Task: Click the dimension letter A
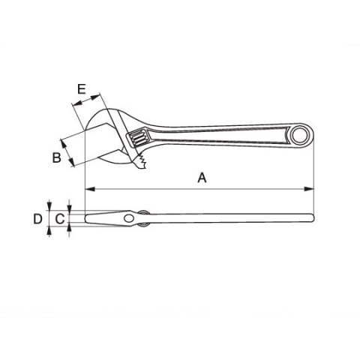tap(201, 178)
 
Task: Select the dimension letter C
tap(58, 219)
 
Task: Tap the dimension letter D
tap(37, 219)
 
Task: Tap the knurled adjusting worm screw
tap(139, 139)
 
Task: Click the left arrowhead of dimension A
tap(88, 187)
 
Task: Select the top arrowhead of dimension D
tap(49, 208)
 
